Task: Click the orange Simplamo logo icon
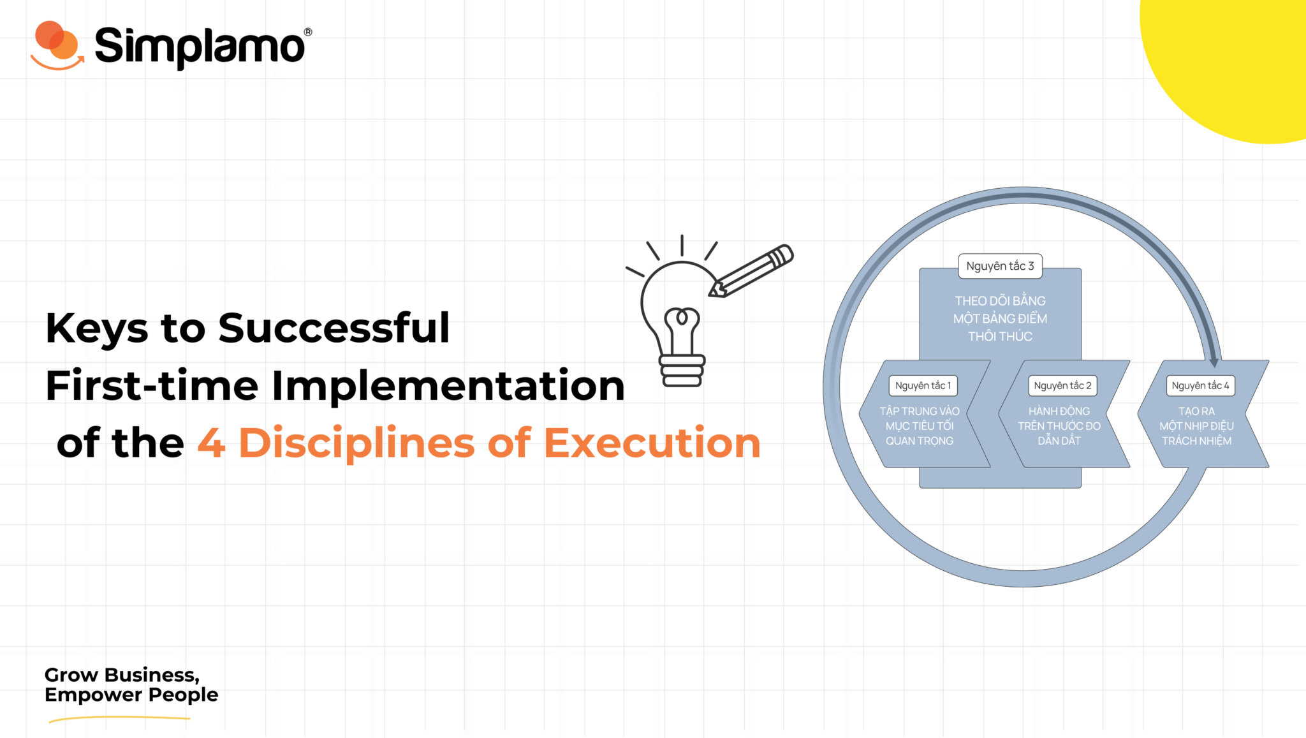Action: (57, 45)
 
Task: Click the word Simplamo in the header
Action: (199, 47)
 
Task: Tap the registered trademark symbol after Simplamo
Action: (308, 32)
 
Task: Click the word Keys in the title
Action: (96, 328)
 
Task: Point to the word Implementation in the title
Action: (448, 386)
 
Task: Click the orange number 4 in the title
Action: (211, 443)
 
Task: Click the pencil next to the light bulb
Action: (752, 271)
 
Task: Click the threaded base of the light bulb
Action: (682, 371)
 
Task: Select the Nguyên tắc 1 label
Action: (923, 386)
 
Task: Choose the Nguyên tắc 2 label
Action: (1062, 386)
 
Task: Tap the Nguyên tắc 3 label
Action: (1000, 266)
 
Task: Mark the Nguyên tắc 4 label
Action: (1200, 386)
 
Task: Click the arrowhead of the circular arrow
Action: (1213, 362)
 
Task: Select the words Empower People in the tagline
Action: (131, 695)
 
